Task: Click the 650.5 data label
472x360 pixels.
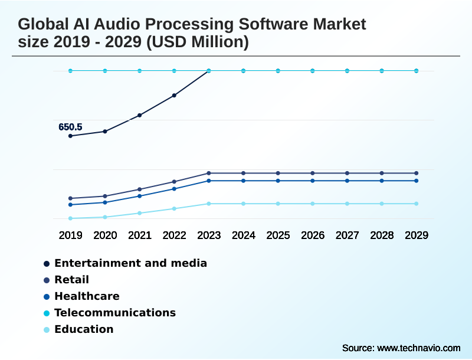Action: (70, 127)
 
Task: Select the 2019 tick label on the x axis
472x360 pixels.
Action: (70, 235)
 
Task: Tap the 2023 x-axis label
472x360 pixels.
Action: (209, 235)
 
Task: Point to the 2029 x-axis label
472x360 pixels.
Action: (416, 235)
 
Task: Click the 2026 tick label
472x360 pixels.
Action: (313, 235)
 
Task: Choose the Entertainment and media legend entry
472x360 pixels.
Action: (130, 263)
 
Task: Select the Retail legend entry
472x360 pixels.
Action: (71, 280)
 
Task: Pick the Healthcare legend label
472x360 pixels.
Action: (87, 296)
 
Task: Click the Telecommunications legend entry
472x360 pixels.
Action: (115, 313)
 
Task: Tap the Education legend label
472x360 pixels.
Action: (84, 329)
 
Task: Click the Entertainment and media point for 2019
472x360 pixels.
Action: (70, 136)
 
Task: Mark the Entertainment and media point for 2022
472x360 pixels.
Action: (174, 95)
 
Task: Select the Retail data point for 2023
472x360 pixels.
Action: (209, 173)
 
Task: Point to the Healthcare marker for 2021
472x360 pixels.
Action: (140, 196)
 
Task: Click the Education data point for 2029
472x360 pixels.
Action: (416, 204)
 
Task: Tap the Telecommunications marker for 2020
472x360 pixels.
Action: (105, 71)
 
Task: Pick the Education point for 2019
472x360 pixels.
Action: (70, 218)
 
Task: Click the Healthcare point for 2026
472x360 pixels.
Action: (313, 181)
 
